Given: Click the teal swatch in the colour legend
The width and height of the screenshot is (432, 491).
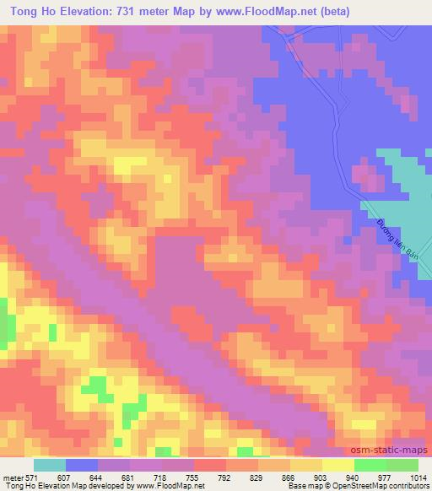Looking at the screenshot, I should tap(50, 464).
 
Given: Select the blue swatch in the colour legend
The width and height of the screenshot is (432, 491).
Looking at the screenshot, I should tap(82, 464).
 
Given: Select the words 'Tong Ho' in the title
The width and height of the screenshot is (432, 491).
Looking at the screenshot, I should tap(28, 11).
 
